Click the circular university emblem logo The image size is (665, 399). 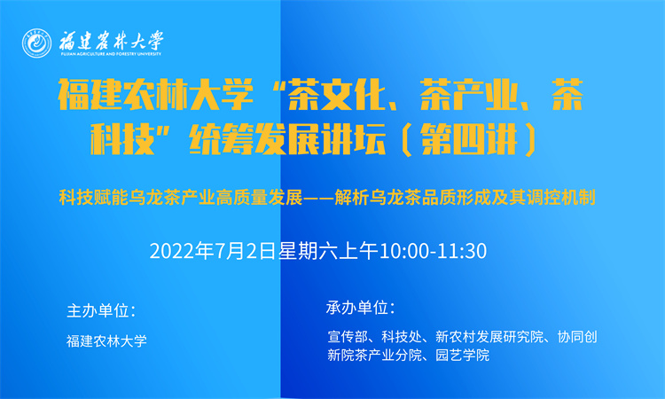[x=37, y=43]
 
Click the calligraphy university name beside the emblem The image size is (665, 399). [x=111, y=41]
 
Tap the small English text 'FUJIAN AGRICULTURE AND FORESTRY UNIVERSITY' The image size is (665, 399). [x=111, y=54]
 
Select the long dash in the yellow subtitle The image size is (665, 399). [x=318, y=198]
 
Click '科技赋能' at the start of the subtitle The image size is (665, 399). [x=93, y=198]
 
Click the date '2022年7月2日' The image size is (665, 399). [x=213, y=251]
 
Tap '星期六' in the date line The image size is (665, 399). [x=303, y=251]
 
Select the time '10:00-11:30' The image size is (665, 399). [x=433, y=251]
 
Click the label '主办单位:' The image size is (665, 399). [x=101, y=311]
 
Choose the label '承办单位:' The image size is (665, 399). [x=360, y=308]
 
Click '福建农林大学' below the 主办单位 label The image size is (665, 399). [x=106, y=340]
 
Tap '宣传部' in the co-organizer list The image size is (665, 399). [x=348, y=337]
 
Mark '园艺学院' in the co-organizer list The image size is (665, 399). [x=462, y=355]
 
